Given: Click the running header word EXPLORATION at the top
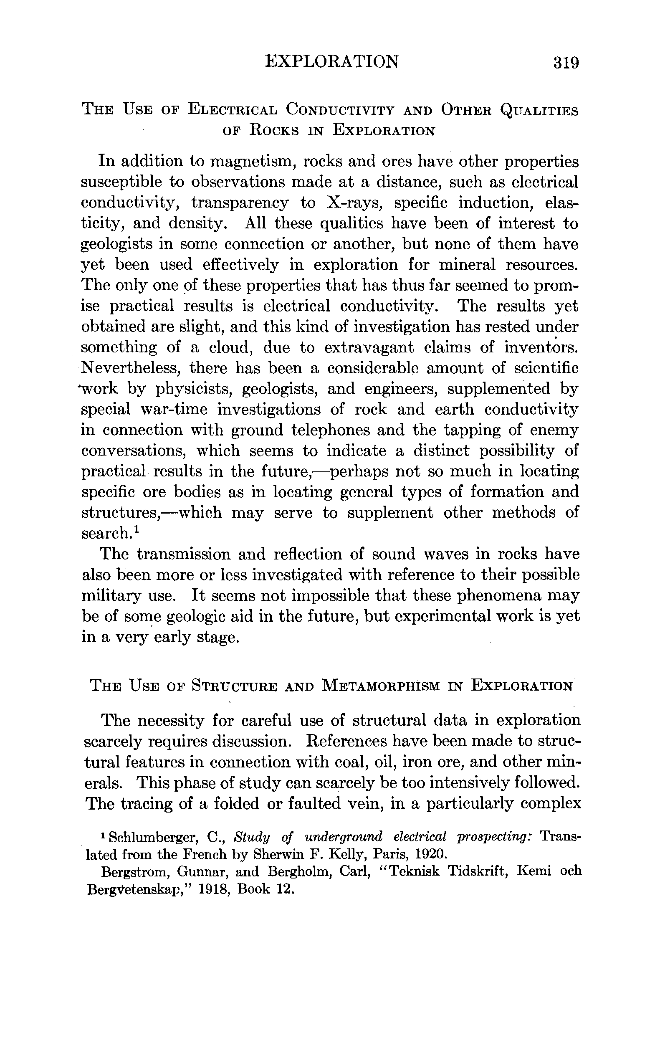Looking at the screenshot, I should (331, 62).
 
